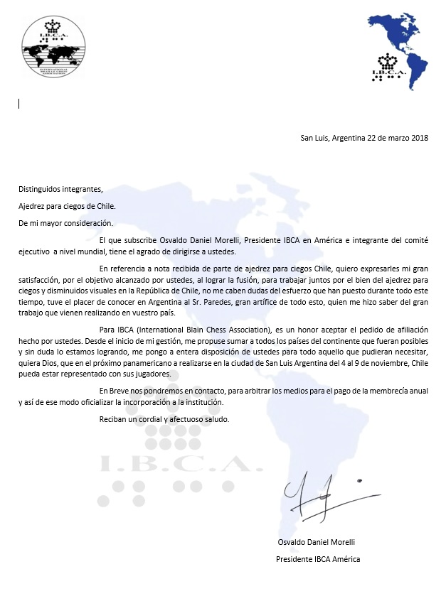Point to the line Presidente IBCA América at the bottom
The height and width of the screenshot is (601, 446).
click(318, 559)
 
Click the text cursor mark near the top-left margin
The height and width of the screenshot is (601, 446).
click(18, 103)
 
